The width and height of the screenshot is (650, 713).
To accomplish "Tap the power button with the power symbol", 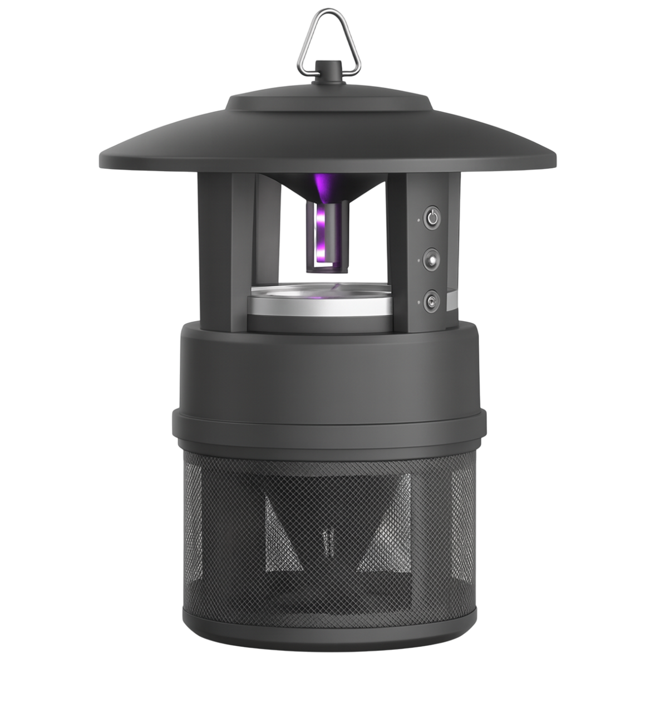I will (432, 217).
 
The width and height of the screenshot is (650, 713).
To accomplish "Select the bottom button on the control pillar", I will (430, 302).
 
